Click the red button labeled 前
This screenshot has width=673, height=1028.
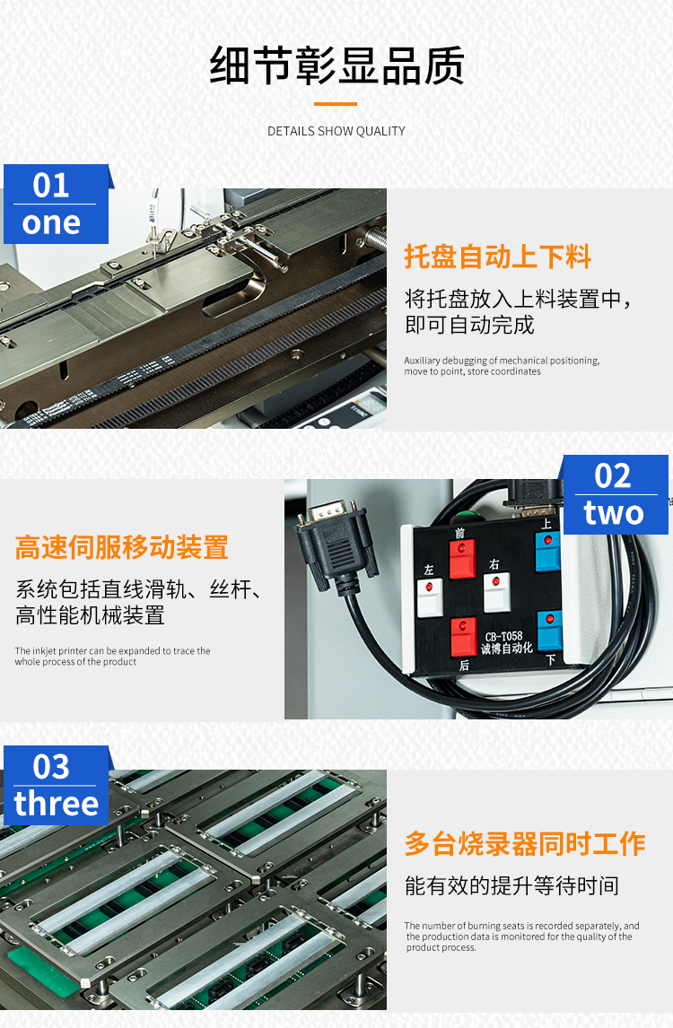[462, 558]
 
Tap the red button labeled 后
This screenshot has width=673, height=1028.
[463, 636]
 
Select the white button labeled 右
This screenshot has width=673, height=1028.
[496, 592]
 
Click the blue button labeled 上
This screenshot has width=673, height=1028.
[547, 552]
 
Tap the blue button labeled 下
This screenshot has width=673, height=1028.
[550, 631]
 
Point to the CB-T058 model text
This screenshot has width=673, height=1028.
[503, 637]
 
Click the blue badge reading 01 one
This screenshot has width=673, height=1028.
[57, 204]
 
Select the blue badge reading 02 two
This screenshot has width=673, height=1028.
[616, 495]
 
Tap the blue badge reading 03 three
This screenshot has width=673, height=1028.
[57, 786]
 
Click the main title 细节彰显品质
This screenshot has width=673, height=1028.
[337, 66]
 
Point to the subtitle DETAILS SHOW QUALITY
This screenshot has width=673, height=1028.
[336, 131]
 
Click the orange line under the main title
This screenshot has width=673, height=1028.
[336, 103]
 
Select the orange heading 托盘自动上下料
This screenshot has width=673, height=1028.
[498, 257]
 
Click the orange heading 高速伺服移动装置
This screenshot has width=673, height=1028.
[122, 547]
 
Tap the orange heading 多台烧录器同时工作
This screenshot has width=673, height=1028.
[526, 844]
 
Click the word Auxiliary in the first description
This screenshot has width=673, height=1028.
[422, 361]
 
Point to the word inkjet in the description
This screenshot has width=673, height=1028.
[44, 651]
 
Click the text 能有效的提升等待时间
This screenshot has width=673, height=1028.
[512, 885]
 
